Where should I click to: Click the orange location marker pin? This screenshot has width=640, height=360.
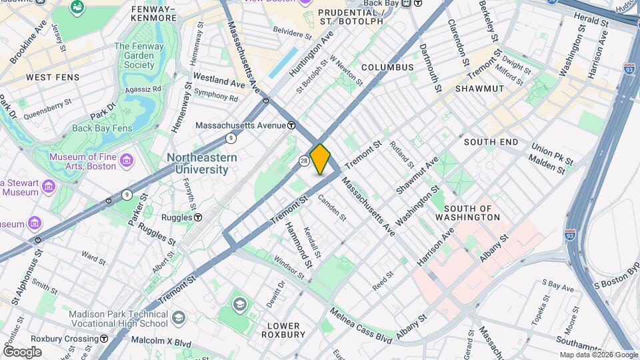pyautogui.click(x=320, y=159)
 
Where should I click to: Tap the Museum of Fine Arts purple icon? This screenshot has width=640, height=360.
pyautogui.click(x=126, y=160)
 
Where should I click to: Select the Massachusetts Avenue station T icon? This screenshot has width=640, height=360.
pyautogui.click(x=291, y=125)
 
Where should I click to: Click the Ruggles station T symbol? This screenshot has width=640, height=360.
pyautogui.click(x=198, y=217)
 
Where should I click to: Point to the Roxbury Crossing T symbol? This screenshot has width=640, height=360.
pyautogui.click(x=104, y=339)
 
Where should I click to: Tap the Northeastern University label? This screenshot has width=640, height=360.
pyautogui.click(x=202, y=163)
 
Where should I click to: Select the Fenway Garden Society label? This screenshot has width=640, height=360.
pyautogui.click(x=143, y=55)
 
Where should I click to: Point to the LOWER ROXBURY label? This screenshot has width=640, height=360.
pyautogui.click(x=286, y=330)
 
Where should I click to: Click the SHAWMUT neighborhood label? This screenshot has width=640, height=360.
pyautogui.click(x=479, y=89)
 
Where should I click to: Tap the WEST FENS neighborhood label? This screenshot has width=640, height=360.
pyautogui.click(x=53, y=77)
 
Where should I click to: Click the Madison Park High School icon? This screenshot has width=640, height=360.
pyautogui.click(x=177, y=317)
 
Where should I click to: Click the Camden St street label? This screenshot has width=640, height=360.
pyautogui.click(x=332, y=207)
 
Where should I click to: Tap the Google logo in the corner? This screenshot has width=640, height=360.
pyautogui.click(x=22, y=352)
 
